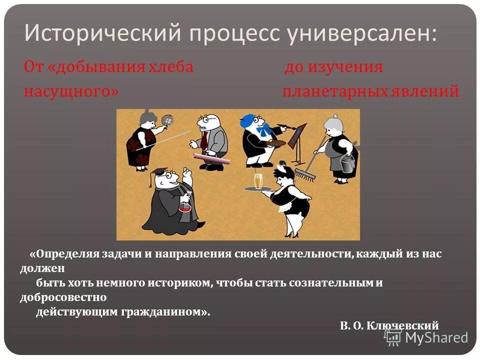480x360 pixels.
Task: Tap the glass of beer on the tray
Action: (x=258, y=181)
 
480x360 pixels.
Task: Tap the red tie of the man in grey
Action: (x=204, y=139)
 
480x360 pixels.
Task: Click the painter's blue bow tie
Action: (x=262, y=132)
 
